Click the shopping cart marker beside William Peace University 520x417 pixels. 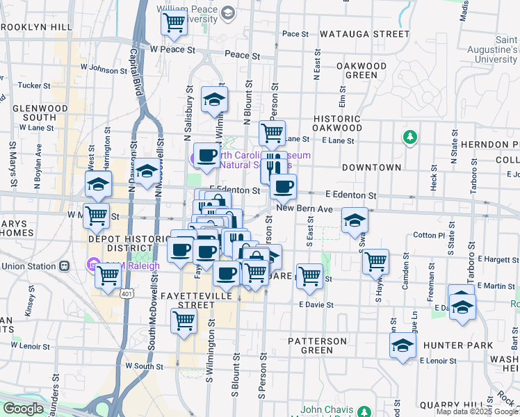[174, 23]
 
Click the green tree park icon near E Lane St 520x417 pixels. [410, 137]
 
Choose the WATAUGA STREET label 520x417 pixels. [365, 33]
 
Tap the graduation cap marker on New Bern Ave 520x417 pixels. [355, 220]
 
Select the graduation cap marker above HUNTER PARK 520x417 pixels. [403, 345]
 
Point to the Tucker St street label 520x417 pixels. [30, 85]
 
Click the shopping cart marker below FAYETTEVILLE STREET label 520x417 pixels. [184, 320]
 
